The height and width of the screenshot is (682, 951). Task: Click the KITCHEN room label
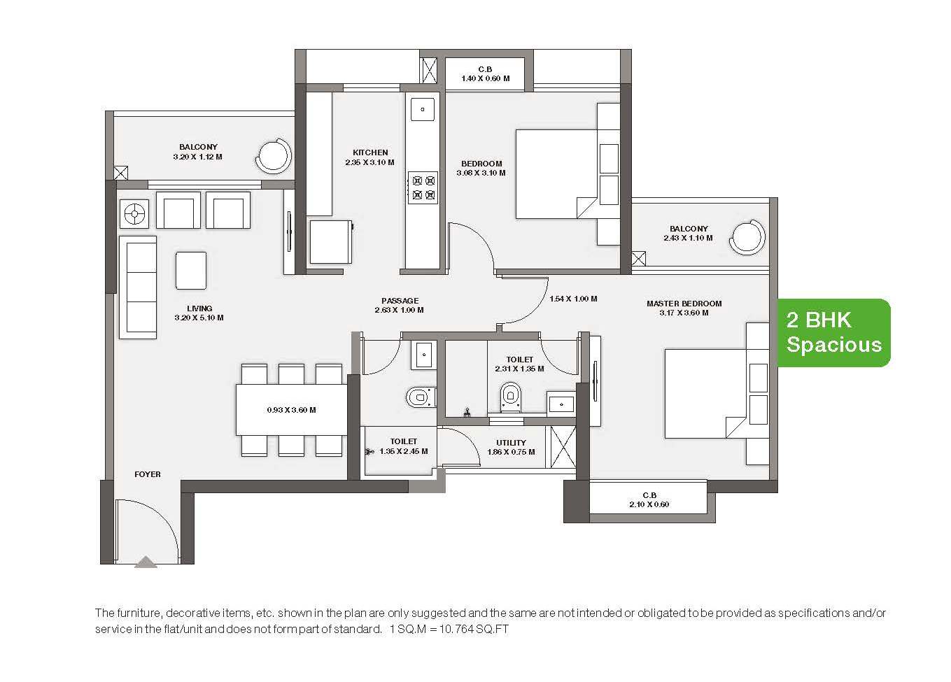pyautogui.click(x=370, y=152)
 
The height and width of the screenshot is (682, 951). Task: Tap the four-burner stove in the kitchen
pyautogui.click(x=423, y=187)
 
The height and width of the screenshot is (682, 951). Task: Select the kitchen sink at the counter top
pyautogui.click(x=423, y=109)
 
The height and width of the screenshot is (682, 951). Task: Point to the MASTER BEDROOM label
pyautogui.click(x=684, y=304)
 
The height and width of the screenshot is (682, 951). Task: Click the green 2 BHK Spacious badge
pyautogui.click(x=833, y=333)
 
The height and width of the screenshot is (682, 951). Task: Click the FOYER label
pyautogui.click(x=148, y=474)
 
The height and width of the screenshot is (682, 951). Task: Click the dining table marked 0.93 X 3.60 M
pyautogui.click(x=292, y=409)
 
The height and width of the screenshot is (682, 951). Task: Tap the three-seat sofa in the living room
pyautogui.click(x=138, y=287)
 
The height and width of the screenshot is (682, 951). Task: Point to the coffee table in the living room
pyautogui.click(x=191, y=271)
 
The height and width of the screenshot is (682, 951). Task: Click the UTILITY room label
pyautogui.click(x=511, y=443)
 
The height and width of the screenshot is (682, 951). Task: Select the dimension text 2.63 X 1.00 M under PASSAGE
pyautogui.click(x=399, y=311)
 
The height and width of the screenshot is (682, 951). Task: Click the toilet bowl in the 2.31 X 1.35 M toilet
pyautogui.click(x=510, y=397)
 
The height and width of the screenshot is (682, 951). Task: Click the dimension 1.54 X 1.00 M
pyautogui.click(x=573, y=299)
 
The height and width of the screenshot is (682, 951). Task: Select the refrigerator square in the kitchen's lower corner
pyautogui.click(x=331, y=242)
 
